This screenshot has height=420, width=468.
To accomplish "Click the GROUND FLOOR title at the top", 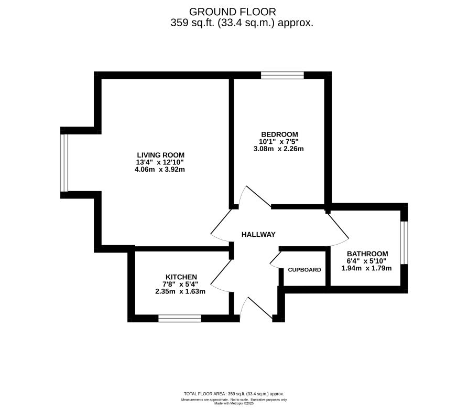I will coord(232,12).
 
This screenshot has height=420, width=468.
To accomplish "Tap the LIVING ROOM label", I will coord(160,155).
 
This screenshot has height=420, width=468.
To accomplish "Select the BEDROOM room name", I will coord(278,134).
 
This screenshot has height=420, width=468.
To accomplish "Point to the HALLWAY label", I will coord(258,235).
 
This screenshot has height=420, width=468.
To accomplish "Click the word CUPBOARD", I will coord(304,270).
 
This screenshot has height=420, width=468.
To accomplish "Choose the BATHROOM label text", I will coord(367,253).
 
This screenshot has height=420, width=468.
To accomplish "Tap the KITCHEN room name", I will coord(181,277).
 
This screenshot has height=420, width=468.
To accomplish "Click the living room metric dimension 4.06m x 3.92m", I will coord(160,170).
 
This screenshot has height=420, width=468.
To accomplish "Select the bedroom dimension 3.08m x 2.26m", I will coord(278,149).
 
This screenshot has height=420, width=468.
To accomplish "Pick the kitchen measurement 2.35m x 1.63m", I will coord(180,291).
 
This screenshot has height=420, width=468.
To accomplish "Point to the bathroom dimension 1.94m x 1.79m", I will coord(367,268).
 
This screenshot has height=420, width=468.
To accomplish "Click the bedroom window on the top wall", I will coord(282,75).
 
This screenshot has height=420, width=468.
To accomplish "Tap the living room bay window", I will coord(64,163).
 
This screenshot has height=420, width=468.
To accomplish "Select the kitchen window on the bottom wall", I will coord(180,318).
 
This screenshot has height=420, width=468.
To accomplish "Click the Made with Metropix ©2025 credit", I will coord(234,403).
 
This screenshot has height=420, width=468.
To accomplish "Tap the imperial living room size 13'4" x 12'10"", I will coord(160,162).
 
